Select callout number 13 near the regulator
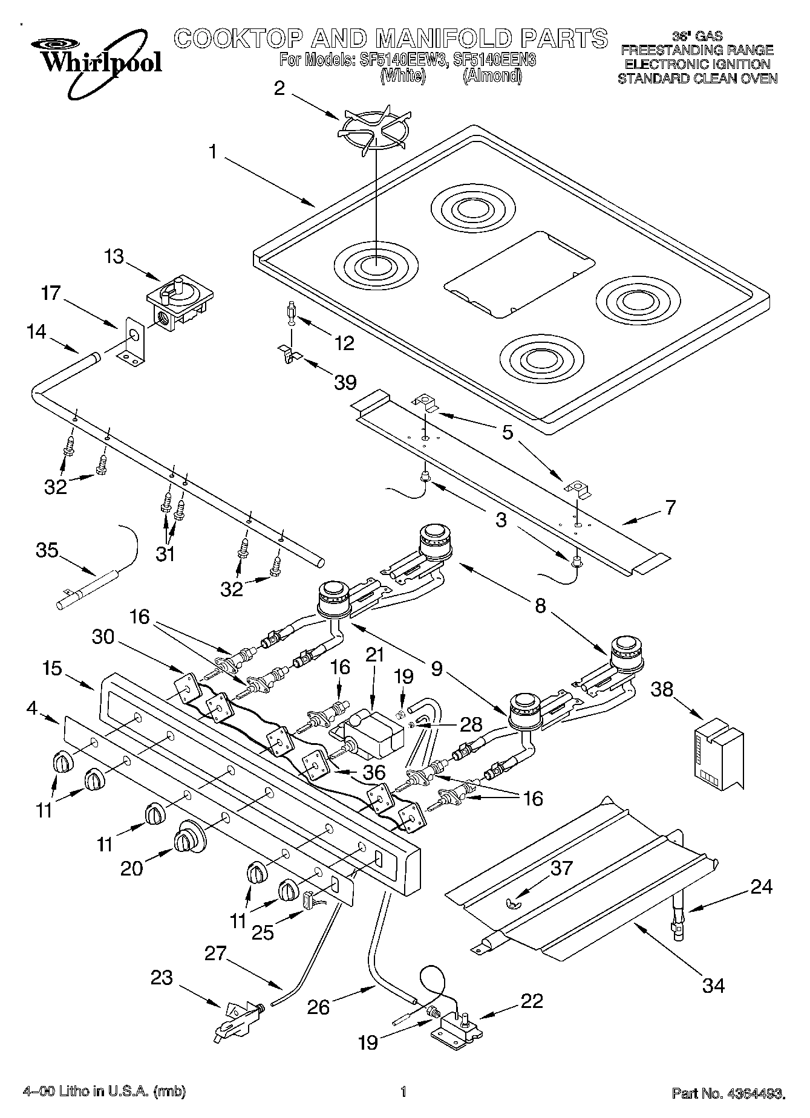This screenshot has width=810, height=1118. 114,256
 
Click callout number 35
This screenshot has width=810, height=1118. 47,550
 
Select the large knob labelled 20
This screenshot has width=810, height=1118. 189,838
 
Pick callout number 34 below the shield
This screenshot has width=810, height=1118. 713,985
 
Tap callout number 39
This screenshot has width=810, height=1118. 345,382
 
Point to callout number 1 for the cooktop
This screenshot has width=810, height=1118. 212,151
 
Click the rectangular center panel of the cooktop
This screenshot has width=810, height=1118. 518,273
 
